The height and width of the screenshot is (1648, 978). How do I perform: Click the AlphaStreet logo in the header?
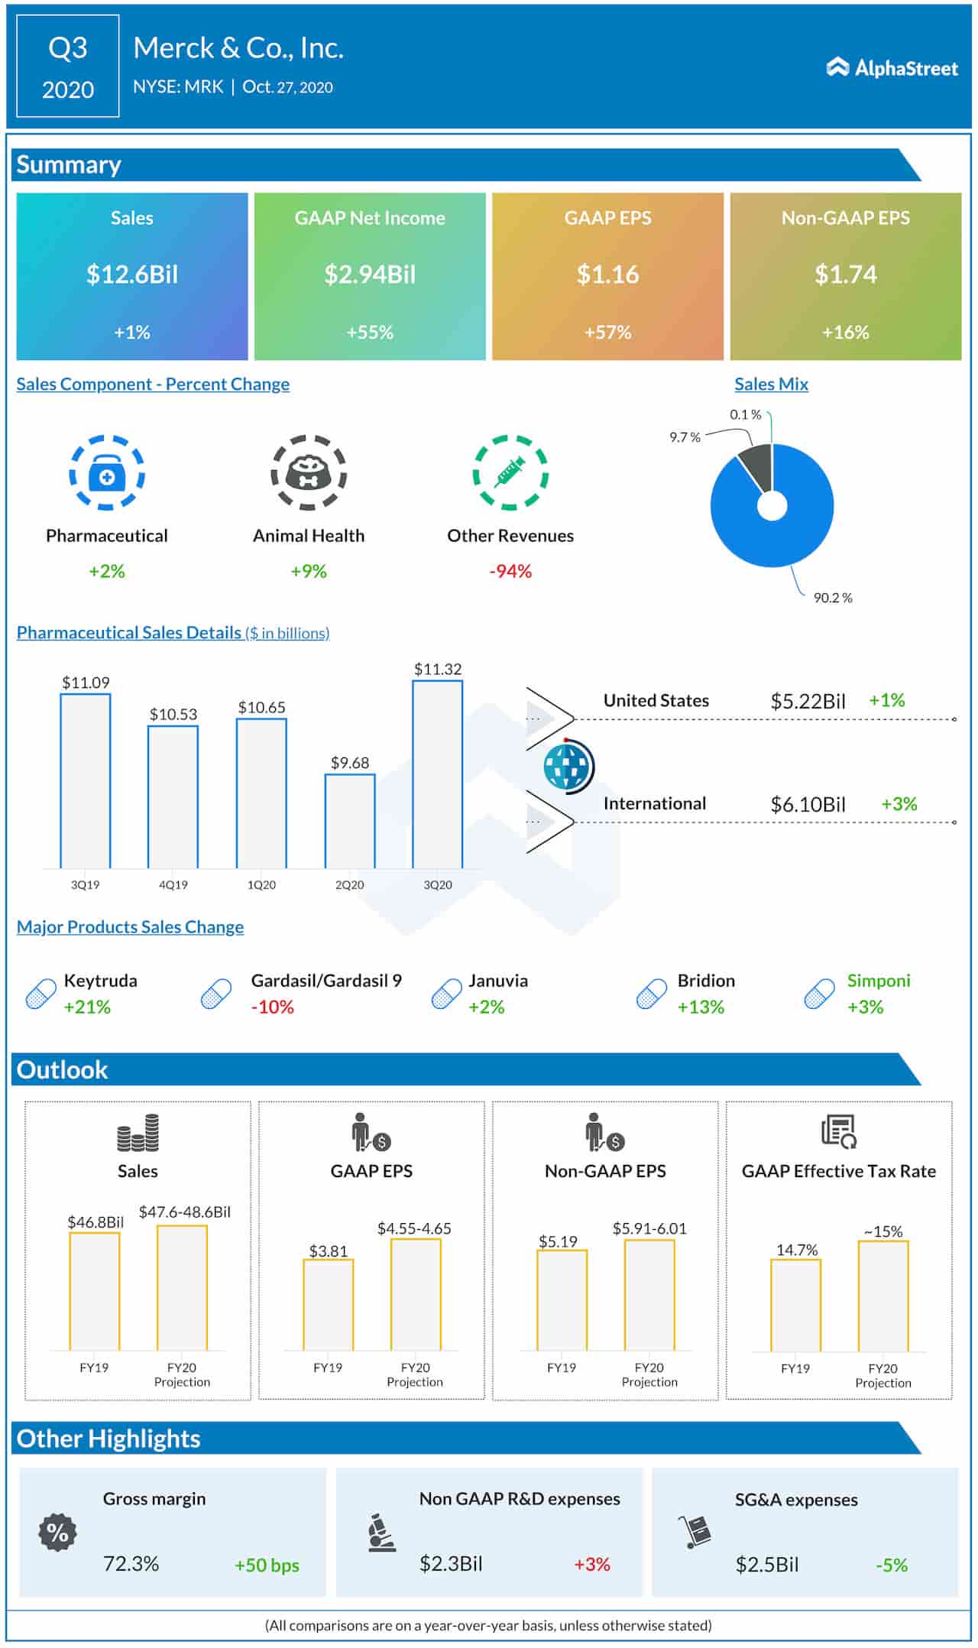click(892, 68)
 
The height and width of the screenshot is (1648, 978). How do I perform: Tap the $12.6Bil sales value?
click(132, 274)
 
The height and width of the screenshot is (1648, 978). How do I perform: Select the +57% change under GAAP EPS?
click(607, 333)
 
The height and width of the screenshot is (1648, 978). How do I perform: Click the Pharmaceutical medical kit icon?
click(107, 473)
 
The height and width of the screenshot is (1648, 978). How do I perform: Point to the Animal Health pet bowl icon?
click(309, 473)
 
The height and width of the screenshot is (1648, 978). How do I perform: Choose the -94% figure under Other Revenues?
click(510, 571)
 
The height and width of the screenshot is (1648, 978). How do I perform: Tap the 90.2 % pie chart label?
click(833, 598)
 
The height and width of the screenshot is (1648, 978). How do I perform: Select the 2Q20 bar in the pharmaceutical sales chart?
click(350, 821)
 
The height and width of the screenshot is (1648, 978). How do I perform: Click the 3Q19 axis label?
click(86, 884)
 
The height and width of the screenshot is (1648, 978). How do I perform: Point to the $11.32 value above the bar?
click(438, 669)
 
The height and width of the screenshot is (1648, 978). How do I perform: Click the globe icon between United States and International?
click(568, 767)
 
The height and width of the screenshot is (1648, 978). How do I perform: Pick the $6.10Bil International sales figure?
click(808, 804)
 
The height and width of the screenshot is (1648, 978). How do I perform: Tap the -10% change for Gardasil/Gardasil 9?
click(273, 1007)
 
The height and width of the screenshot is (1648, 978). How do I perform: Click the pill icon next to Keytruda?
click(40, 994)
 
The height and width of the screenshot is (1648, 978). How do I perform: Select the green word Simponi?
click(879, 981)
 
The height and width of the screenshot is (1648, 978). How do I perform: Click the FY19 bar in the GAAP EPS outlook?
click(329, 1304)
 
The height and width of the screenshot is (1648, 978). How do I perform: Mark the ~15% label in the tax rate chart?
click(883, 1231)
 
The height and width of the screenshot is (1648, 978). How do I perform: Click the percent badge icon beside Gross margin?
click(57, 1532)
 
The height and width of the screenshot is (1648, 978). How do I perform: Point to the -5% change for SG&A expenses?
click(892, 1565)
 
